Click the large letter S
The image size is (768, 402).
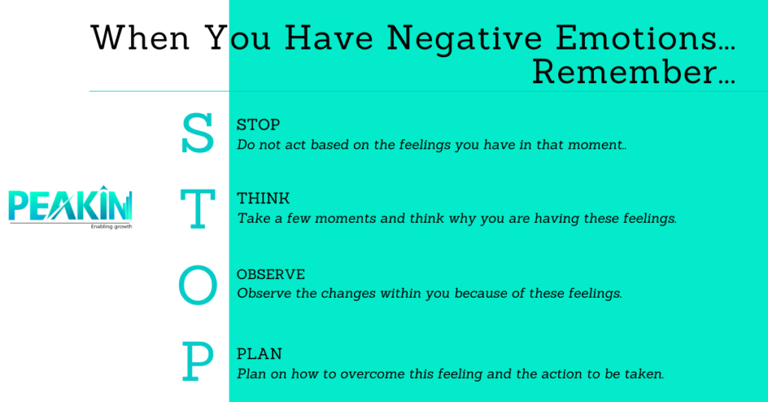click(197, 135)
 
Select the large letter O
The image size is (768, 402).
click(197, 286)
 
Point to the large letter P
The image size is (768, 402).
click(197, 362)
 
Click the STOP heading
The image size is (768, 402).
click(258, 124)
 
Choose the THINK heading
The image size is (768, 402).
click(263, 199)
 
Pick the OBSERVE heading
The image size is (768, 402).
click(271, 274)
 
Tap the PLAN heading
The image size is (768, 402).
click(259, 353)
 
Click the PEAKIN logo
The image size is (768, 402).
click(70, 205)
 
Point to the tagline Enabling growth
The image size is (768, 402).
click(111, 226)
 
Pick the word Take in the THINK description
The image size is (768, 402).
click(251, 219)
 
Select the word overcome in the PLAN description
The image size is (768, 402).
click(370, 373)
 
